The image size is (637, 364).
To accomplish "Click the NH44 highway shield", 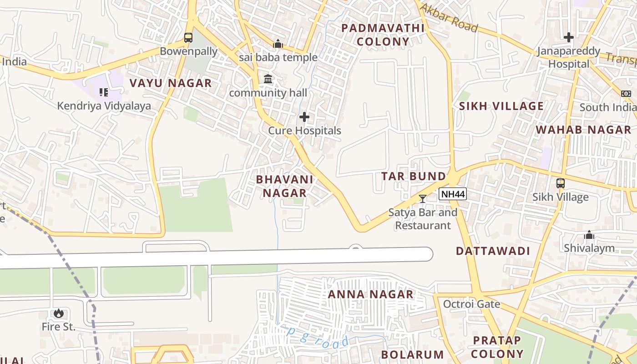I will pyautogui.click(x=453, y=194).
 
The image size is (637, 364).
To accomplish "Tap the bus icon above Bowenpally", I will pyautogui.click(x=188, y=38).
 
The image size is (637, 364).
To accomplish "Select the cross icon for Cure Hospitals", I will pyautogui.click(x=304, y=117).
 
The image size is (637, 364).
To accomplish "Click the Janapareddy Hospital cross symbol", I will pyautogui.click(x=568, y=37).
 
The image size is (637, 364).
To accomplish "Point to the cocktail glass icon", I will pyautogui.click(x=423, y=198).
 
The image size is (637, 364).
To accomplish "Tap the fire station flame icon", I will pyautogui.click(x=58, y=313).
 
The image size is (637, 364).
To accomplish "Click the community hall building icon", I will pyautogui.click(x=268, y=79).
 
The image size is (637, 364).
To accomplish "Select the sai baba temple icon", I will pyautogui.click(x=278, y=44).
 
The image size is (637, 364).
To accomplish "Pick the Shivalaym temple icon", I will pyautogui.click(x=589, y=235).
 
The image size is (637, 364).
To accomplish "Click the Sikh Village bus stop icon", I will pyautogui.click(x=561, y=183).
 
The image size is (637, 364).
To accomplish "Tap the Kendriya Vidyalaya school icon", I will pyautogui.click(x=104, y=93).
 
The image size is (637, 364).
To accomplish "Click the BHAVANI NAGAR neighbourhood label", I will pyautogui.click(x=285, y=186).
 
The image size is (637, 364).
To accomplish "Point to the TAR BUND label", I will pyautogui.click(x=414, y=176).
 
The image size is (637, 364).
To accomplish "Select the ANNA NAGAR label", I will pyautogui.click(x=371, y=294).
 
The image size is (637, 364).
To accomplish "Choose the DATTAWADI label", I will pyautogui.click(x=493, y=251).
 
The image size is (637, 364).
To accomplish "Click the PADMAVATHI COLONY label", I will pyautogui.click(x=383, y=35).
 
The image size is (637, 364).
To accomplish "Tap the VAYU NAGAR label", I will pyautogui.click(x=171, y=83).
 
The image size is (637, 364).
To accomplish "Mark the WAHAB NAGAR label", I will pyautogui.click(x=583, y=130).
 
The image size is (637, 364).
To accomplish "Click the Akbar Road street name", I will pyautogui.click(x=449, y=18).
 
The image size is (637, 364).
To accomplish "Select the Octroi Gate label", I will pyautogui.click(x=472, y=304).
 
